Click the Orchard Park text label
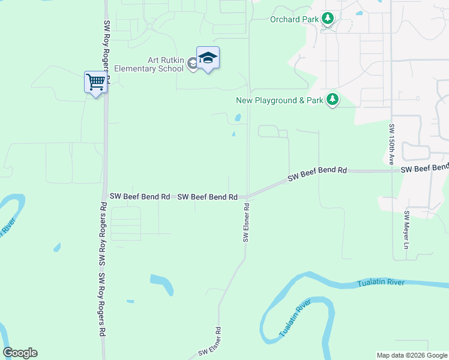click(x=294, y=19)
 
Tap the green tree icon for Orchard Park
click(x=327, y=19)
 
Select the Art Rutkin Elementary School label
click(x=166, y=64)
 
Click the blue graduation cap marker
click(x=208, y=58)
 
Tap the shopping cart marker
click(x=95, y=82)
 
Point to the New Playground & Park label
click(x=280, y=100)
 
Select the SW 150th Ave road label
click(x=391, y=144)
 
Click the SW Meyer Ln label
click(x=406, y=230)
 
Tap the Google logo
click(x=20, y=353)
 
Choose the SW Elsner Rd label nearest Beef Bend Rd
click(x=246, y=222)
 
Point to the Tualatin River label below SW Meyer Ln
click(x=381, y=283)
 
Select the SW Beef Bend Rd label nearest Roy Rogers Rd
click(x=140, y=196)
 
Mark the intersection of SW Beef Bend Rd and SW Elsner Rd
click(x=247, y=196)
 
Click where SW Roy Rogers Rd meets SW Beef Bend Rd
click(x=105, y=196)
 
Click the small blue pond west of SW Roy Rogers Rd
click(x=57, y=247)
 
